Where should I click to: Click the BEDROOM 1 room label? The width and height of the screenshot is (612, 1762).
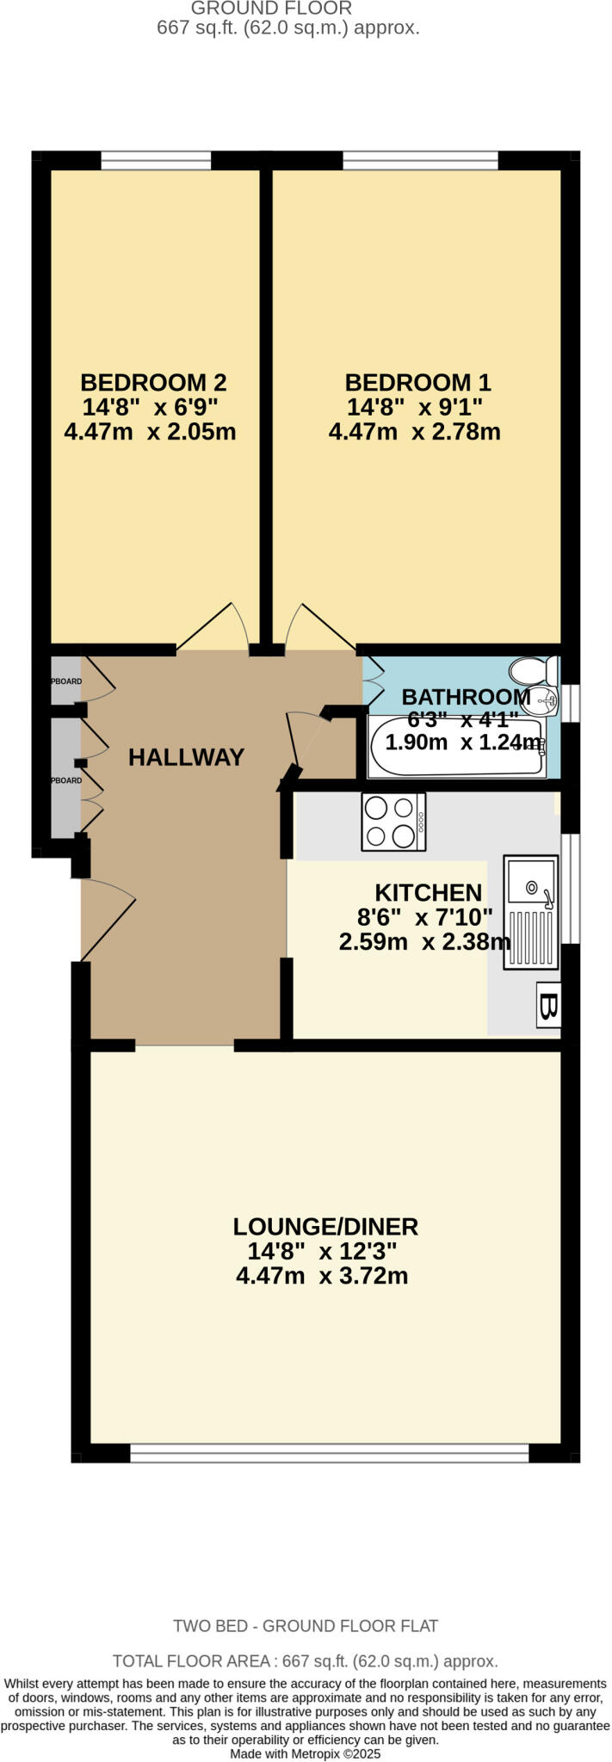pyautogui.click(x=417, y=382)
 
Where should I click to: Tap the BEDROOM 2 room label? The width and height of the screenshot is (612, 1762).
pyautogui.click(x=153, y=382)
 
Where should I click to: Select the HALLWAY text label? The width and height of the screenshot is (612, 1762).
pyautogui.click(x=186, y=757)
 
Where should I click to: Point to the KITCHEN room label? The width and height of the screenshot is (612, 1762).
pyautogui.click(x=428, y=892)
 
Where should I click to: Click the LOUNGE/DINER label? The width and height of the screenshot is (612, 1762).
pyautogui.click(x=325, y=1226)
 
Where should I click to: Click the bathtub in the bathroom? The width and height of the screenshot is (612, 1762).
pyautogui.click(x=456, y=746)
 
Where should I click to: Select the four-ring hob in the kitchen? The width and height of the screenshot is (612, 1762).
pyautogui.click(x=393, y=822)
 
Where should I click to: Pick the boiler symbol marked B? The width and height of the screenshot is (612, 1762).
pyautogui.click(x=548, y=1005)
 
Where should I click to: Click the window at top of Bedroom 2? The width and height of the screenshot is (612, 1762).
pyautogui.click(x=156, y=160)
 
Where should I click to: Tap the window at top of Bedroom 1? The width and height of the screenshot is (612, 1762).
pyautogui.click(x=420, y=160)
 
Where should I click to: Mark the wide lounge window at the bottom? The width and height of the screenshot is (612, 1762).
pyautogui.click(x=329, y=1452)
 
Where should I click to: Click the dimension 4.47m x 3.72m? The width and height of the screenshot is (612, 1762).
pyautogui.click(x=322, y=1275)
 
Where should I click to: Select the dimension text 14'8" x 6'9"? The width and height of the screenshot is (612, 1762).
pyautogui.click(x=151, y=406)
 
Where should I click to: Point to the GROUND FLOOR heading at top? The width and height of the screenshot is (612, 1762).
pyautogui.click(x=270, y=9)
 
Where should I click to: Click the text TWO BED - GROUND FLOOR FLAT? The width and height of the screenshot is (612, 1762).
pyautogui.click(x=306, y=1625)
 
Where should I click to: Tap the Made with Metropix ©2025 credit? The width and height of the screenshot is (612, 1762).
pyautogui.click(x=306, y=1753)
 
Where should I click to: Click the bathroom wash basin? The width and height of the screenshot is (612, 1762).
pyautogui.click(x=541, y=702)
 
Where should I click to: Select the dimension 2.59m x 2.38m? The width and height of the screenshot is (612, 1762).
pyautogui.click(x=424, y=941)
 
